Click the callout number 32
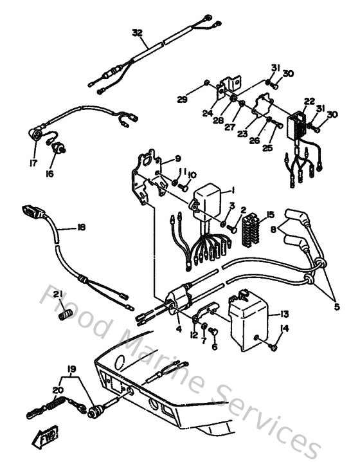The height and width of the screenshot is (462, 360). point(137,32)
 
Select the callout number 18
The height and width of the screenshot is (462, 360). point(80,227)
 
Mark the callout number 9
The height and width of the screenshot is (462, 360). point(178,159)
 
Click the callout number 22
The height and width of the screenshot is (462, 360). point(310,101)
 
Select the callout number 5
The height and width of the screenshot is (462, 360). point(337,306)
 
